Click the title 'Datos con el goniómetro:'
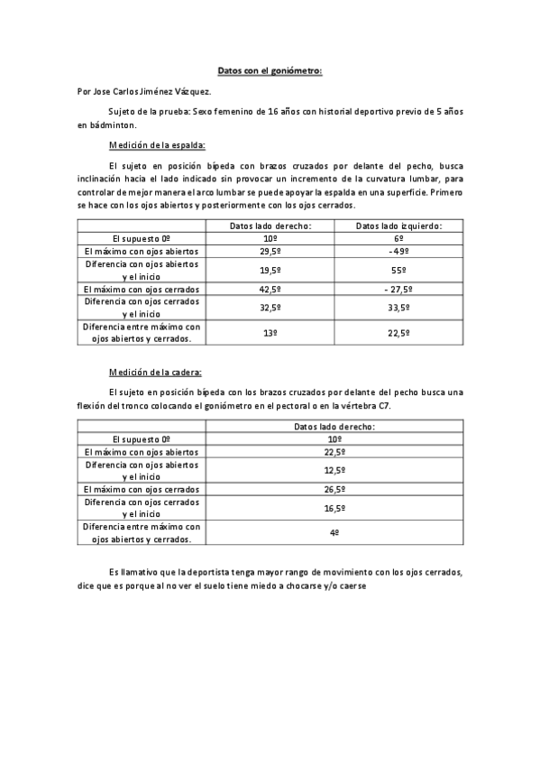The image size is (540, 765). click(x=270, y=69)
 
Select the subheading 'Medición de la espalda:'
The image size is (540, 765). click(x=157, y=144)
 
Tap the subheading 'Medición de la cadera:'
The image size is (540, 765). click(x=155, y=372)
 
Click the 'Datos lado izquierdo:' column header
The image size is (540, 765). click(x=398, y=226)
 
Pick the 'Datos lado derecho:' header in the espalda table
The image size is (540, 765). click(x=270, y=226)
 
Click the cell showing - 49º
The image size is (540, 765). click(x=398, y=251)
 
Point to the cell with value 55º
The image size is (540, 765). click(x=398, y=270)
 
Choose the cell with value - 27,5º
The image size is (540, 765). click(x=398, y=289)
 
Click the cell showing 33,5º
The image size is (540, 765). click(x=398, y=308)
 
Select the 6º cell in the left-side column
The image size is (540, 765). click(x=398, y=238)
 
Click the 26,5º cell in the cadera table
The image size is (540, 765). click(x=334, y=489)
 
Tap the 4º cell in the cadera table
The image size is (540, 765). click(x=334, y=533)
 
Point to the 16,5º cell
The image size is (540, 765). click(x=334, y=508)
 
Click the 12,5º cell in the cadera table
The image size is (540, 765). click(x=334, y=470)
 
